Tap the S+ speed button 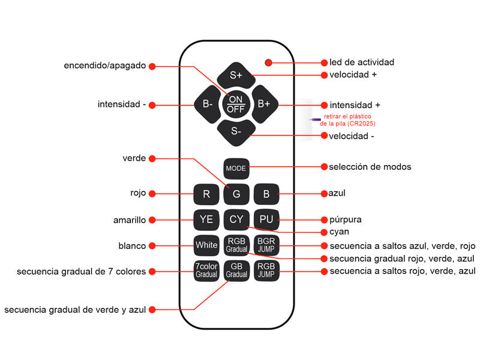point(236,75)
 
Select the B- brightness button point(208,104)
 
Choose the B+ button point(264,104)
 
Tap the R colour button point(206,194)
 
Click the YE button point(206,220)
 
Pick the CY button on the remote point(236,220)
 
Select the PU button point(266,220)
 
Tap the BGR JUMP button point(266,245)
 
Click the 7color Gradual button point(206,271)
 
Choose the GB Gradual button point(236,271)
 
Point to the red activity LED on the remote point(268,62)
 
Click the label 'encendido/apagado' point(104,65)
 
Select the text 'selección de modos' point(370,166)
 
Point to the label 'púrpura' point(346,220)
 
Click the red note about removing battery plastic point(349,119)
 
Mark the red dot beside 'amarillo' point(152,220)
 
